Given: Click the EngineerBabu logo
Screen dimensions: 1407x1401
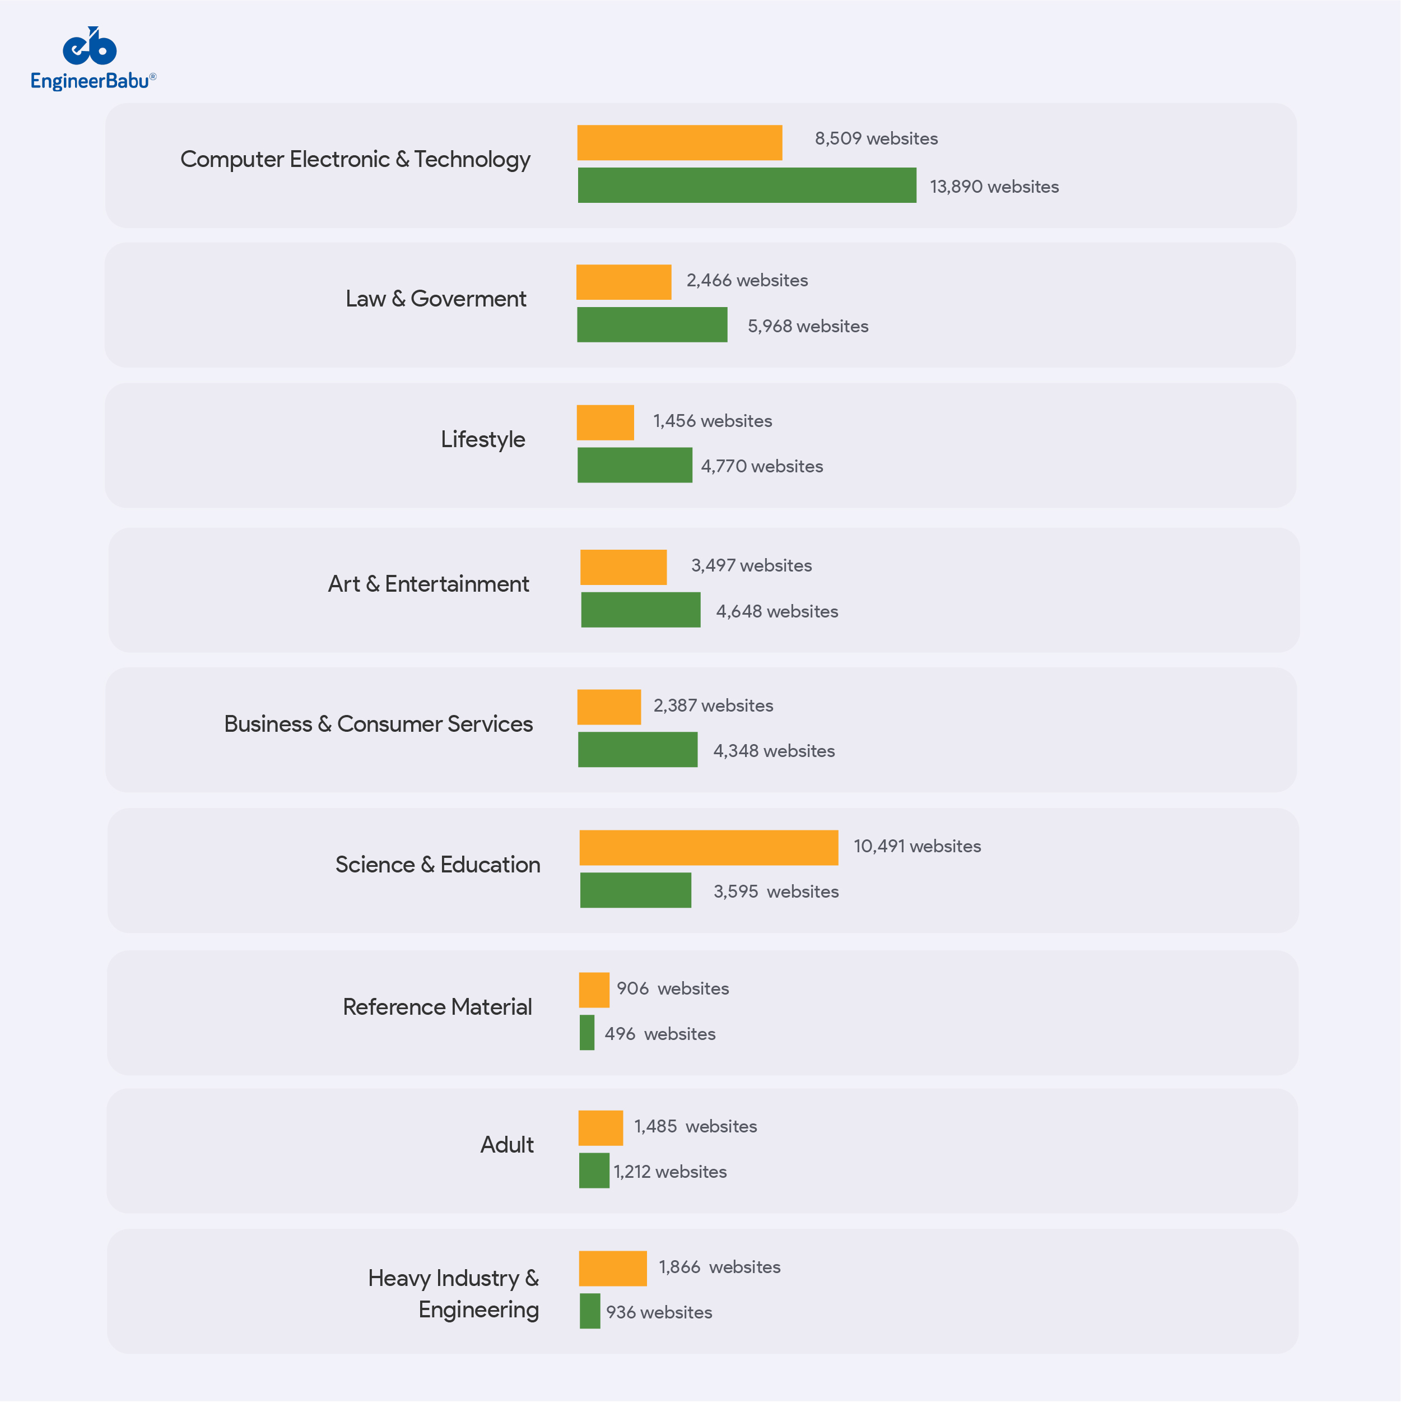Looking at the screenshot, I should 92,58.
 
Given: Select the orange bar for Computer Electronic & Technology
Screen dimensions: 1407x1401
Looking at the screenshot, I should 679,143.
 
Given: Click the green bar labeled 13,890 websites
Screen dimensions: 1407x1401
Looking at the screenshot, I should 746,185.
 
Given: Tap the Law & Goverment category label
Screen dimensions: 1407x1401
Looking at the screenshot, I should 435,299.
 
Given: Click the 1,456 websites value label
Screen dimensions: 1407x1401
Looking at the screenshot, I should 712,421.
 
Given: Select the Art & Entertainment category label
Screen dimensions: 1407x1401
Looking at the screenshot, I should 428,584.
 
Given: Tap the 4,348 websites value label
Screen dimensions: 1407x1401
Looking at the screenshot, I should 773,751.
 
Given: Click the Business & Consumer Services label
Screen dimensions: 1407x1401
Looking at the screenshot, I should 378,724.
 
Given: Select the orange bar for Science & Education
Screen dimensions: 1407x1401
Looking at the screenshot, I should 709,848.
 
